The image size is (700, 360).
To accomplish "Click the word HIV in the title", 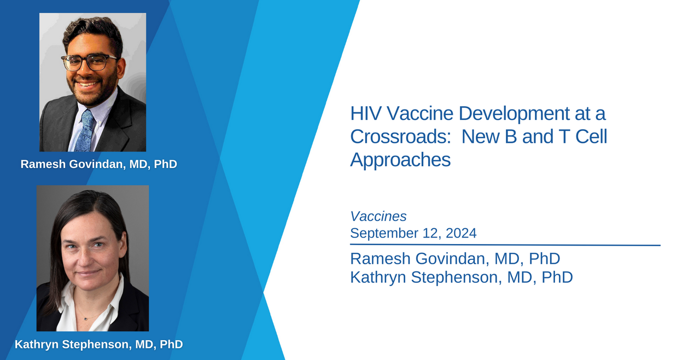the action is point(366,113).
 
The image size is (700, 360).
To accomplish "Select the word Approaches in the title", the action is point(400,160).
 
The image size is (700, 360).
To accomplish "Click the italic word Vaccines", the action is point(378,216).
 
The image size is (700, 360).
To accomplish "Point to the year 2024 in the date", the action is point(461,233).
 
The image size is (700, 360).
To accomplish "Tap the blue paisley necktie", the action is point(84,131).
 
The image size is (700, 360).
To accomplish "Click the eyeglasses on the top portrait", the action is point(89,62).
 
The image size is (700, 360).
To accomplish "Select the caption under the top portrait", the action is point(99,164).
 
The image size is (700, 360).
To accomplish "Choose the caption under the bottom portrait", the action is point(99,344).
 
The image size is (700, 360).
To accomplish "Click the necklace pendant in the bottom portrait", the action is point(86,319).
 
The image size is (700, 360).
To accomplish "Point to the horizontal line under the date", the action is point(505,245).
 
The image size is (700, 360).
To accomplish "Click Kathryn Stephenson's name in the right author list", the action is point(462,277).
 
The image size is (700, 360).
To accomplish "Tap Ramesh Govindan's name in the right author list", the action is point(455,259).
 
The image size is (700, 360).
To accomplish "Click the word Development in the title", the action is point(514,114).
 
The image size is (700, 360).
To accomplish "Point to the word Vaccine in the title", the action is point(420,113).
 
